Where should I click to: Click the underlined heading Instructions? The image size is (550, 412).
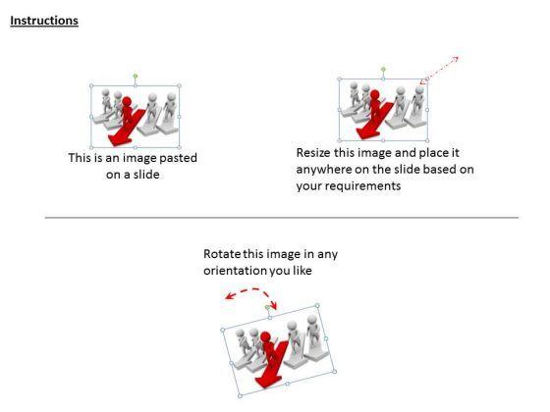(44, 21)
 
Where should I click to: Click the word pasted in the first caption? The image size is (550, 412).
(178, 158)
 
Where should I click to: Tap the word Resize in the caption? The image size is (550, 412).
(313, 153)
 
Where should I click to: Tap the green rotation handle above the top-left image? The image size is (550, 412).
(136, 77)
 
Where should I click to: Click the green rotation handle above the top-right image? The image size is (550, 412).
(383, 69)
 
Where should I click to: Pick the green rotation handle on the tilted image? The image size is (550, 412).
(267, 307)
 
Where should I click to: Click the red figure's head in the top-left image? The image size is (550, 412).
(127, 102)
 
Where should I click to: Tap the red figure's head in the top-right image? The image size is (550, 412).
(374, 94)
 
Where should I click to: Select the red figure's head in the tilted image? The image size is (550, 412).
(265, 336)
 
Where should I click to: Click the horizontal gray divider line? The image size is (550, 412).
(282, 218)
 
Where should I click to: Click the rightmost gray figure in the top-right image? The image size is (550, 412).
(418, 105)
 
